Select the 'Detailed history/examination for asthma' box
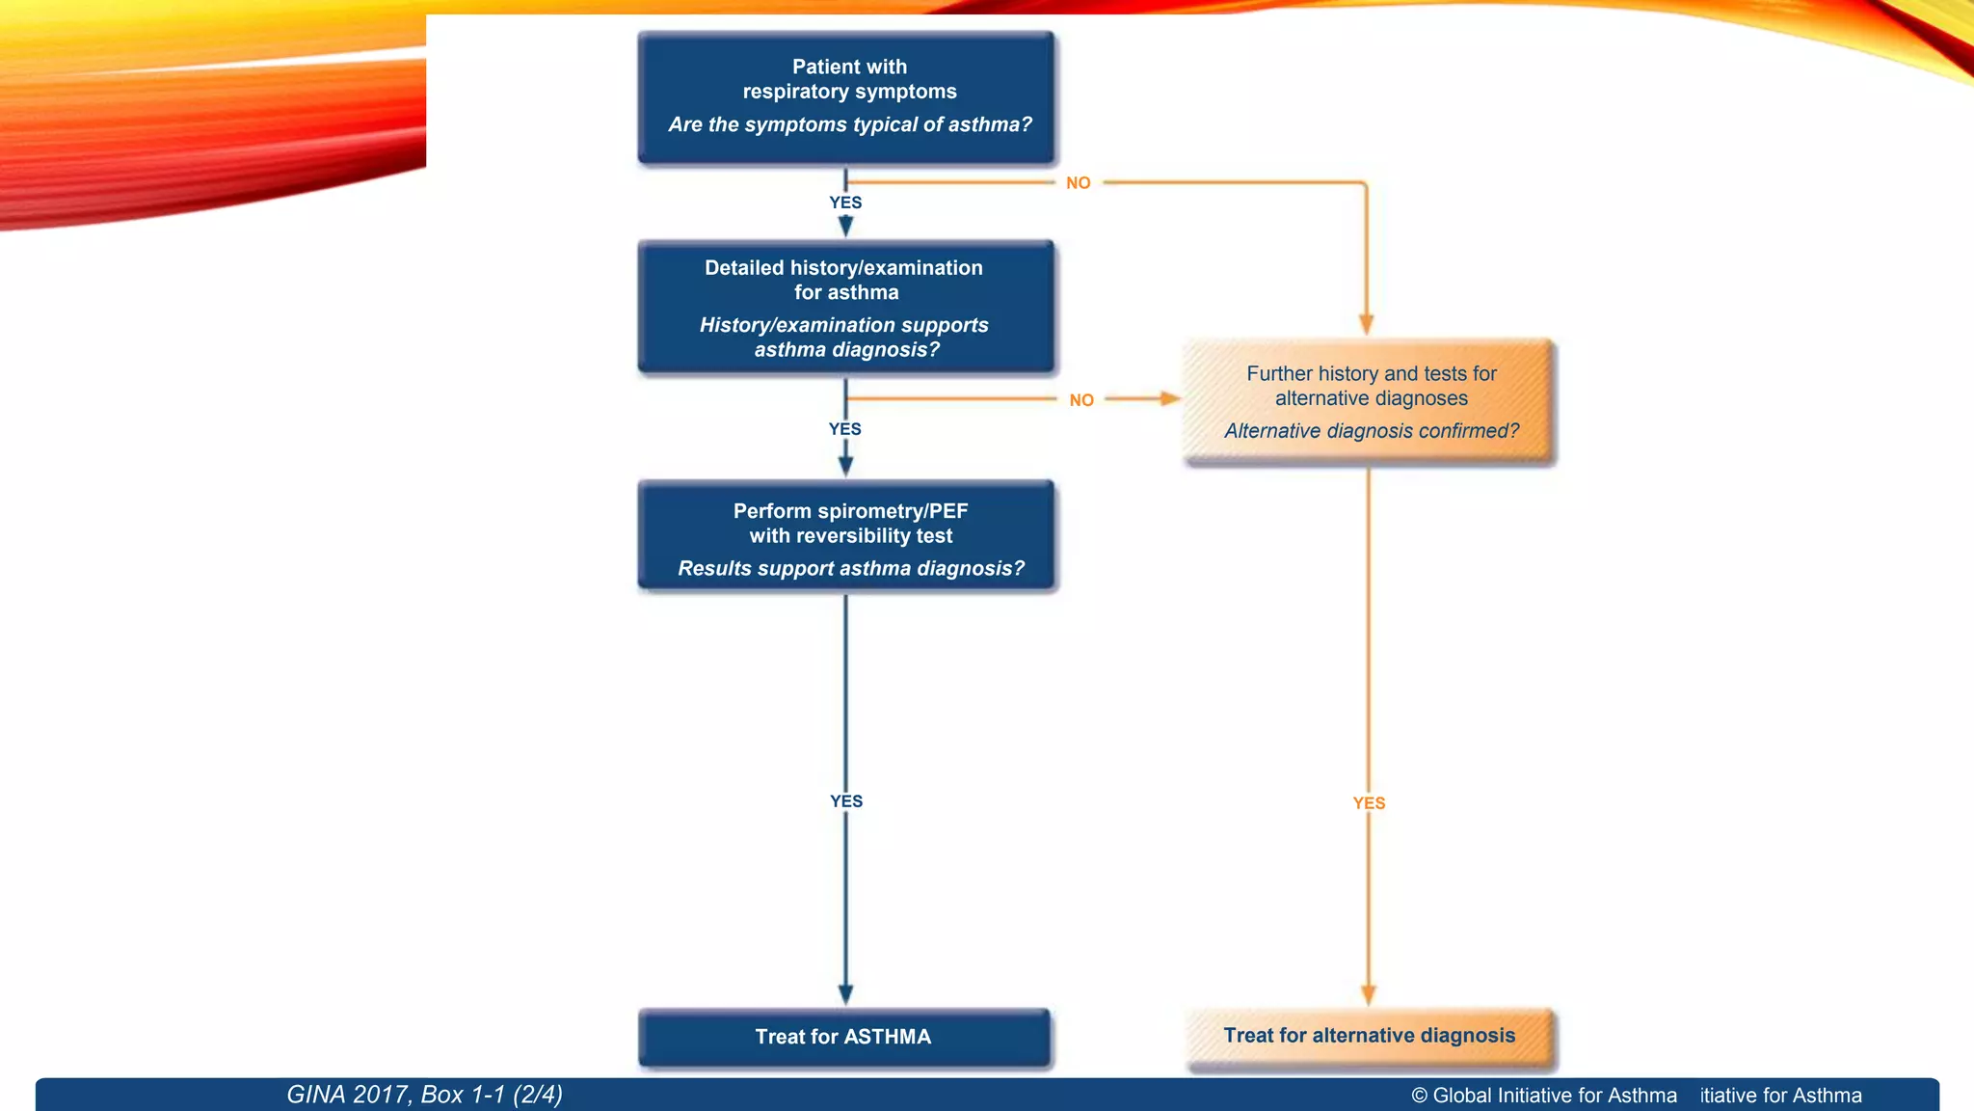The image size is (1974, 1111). pos(846,307)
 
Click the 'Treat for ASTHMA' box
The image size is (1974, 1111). pos(843,1038)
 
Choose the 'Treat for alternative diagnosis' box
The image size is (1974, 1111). pos(1370,1037)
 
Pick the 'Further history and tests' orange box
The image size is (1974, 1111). pos(1370,402)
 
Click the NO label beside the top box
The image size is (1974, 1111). pos(1078,183)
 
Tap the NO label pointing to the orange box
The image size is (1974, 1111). pos(1081,400)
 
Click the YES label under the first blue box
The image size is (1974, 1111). pos(845,203)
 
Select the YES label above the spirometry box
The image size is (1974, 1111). pos(845,429)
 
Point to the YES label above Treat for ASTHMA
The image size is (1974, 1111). pos(846,801)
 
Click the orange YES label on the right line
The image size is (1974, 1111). pos(1369,803)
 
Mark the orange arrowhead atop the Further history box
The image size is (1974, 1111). pos(1366,324)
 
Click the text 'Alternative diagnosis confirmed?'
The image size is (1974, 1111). pos(1371,431)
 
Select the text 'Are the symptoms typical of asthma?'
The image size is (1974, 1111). pos(849,124)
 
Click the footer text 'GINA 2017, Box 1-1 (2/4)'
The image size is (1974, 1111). pos(424,1095)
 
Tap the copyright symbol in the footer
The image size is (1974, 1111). pos(1419,1096)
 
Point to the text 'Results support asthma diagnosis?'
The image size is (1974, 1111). pos(850,569)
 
